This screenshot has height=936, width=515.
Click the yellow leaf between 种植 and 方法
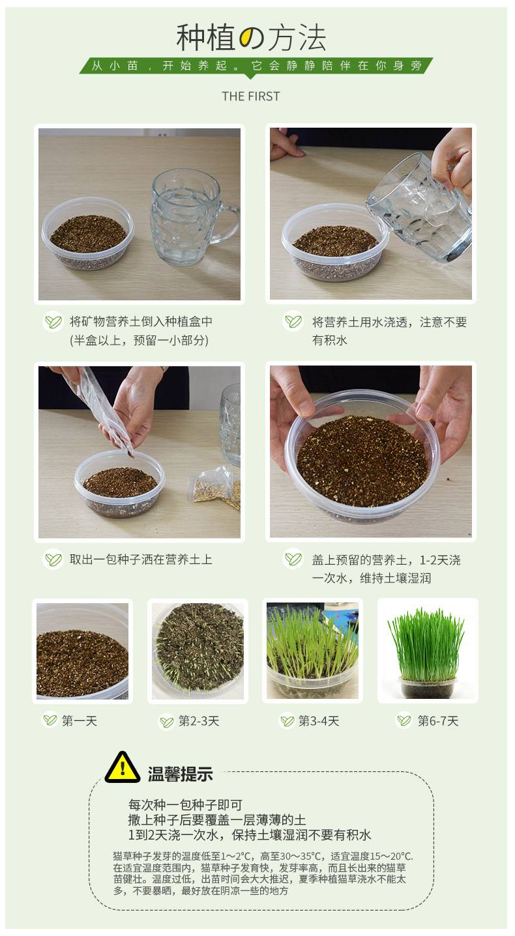point(250,38)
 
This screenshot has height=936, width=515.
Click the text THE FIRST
point(250,96)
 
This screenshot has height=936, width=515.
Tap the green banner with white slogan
point(256,66)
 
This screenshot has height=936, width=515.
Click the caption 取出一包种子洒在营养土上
point(141,560)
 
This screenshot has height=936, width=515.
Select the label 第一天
point(80,721)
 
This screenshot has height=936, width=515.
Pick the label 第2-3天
point(199,721)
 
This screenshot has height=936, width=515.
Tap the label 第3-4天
point(318,721)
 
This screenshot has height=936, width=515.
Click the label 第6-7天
point(438,721)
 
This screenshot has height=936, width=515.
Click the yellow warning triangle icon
point(122,767)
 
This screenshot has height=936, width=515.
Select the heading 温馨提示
point(181,774)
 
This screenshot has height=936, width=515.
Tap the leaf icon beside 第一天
point(50,720)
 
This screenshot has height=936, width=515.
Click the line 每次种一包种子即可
point(185,804)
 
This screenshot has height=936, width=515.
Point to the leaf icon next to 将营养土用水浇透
point(293,321)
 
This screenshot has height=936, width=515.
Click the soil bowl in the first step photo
point(87,234)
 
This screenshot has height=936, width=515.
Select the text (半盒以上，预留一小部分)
point(139,340)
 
